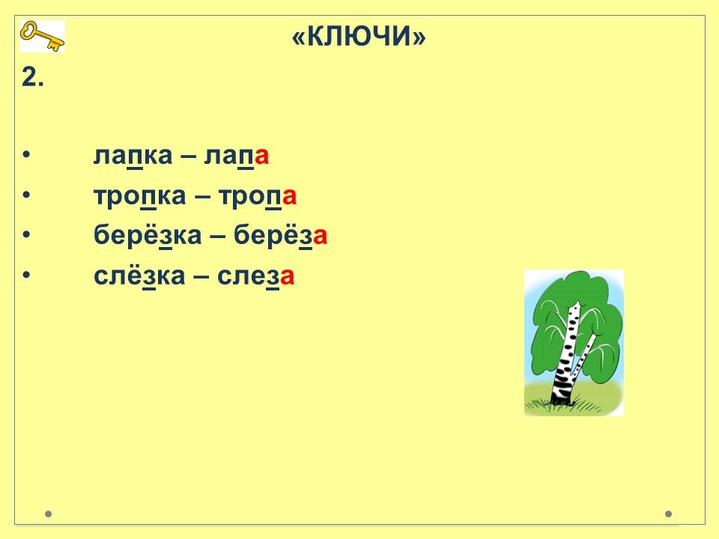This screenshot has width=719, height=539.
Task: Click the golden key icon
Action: tap(42, 36)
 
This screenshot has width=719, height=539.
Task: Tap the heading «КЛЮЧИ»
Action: tap(359, 36)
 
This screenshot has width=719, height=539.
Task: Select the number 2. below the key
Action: tap(32, 77)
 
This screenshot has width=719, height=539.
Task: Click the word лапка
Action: tap(133, 156)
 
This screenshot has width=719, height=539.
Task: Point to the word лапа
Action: tap(236, 156)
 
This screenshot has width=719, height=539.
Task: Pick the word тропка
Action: tap(140, 195)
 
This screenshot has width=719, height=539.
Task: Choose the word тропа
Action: tap(257, 195)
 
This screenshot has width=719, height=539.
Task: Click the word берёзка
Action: tap(148, 235)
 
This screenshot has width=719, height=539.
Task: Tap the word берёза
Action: tap(281, 235)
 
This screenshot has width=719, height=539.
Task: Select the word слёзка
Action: tap(139, 275)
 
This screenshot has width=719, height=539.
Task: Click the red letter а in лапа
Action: tap(261, 156)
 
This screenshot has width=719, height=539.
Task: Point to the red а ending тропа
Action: tap(289, 197)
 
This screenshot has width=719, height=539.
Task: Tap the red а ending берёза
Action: tap(320, 237)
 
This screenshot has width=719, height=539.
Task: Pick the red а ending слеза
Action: tap(287, 277)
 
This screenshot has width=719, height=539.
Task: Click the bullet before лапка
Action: tap(26, 155)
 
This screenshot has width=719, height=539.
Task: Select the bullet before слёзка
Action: tap(26, 275)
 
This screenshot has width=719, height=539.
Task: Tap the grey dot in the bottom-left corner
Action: tap(48, 514)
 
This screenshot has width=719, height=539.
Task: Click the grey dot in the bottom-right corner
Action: tap(668, 514)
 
